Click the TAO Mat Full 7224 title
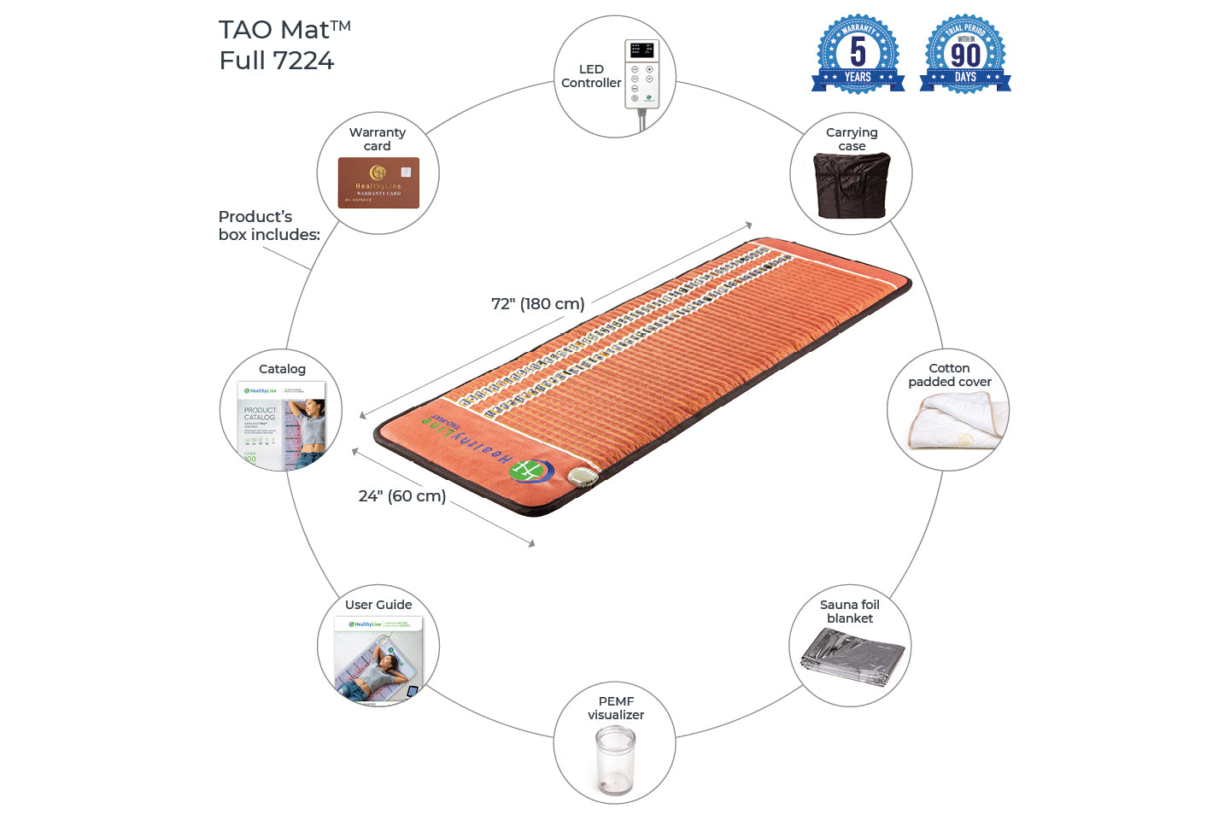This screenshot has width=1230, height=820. click(284, 45)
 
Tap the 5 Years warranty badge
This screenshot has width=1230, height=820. click(858, 54)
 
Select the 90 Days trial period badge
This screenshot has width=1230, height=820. click(965, 54)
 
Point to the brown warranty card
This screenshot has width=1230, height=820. click(378, 183)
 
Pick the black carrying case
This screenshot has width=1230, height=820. click(852, 185)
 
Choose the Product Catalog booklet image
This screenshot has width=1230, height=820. click(282, 424)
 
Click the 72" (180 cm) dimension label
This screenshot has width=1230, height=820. click(538, 304)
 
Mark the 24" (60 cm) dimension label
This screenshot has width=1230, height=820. click(402, 496)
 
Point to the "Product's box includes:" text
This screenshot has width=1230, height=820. click(269, 225)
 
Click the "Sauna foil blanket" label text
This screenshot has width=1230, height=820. click(850, 612)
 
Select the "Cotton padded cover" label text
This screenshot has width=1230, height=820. click(950, 375)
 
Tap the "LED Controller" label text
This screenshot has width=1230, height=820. click(591, 76)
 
